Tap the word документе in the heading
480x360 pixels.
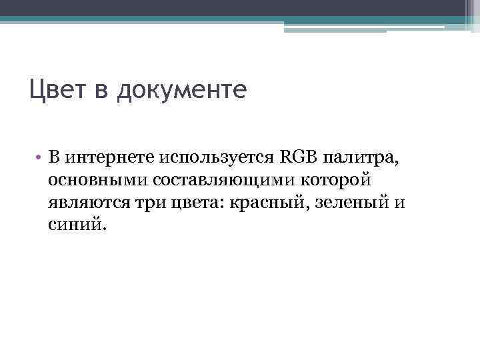coord(181,91)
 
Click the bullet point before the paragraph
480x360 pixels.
coord(40,157)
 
